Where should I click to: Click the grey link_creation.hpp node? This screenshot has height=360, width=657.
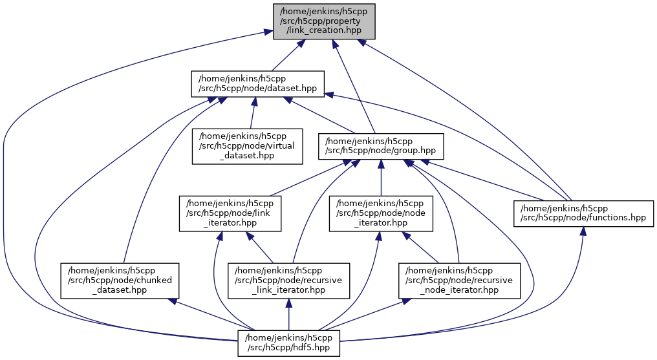pyautogui.click(x=324, y=21)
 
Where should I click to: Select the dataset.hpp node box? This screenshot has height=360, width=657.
pyautogui.click(x=257, y=84)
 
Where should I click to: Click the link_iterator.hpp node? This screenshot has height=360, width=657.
pyautogui.click(x=230, y=213)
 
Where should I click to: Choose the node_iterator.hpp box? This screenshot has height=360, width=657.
pyautogui.click(x=381, y=213)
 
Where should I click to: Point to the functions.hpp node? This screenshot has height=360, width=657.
pyautogui.click(x=583, y=213)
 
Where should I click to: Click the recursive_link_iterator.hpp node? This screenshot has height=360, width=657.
pyautogui.click(x=289, y=279)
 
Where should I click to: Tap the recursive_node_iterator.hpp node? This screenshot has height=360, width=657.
pyautogui.click(x=459, y=279)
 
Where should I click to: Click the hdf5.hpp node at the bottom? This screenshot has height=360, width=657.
pyautogui.click(x=288, y=343)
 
